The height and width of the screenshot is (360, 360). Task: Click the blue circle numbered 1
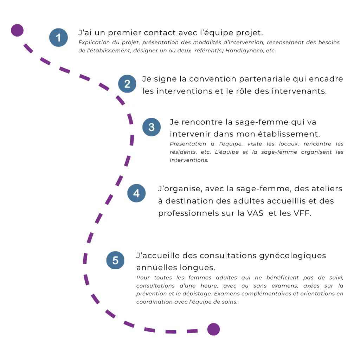[58, 38]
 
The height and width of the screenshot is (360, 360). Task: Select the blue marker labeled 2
[127, 84]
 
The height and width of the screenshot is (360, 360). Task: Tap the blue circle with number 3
[151, 127]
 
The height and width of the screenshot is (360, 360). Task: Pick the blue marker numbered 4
[136, 193]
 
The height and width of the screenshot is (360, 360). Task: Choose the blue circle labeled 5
[115, 261]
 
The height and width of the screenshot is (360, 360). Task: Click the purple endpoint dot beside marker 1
[17, 31]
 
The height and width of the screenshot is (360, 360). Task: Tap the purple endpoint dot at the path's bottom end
[213, 330]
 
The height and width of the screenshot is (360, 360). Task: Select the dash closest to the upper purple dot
[28, 49]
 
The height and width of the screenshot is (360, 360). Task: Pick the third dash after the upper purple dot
[64, 70]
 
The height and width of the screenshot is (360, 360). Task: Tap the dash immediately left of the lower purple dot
[192, 331]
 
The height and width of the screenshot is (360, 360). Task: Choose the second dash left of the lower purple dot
[171, 332]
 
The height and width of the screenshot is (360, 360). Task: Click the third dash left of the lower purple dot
[150, 330]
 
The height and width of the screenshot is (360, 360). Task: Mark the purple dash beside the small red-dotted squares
[98, 218]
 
